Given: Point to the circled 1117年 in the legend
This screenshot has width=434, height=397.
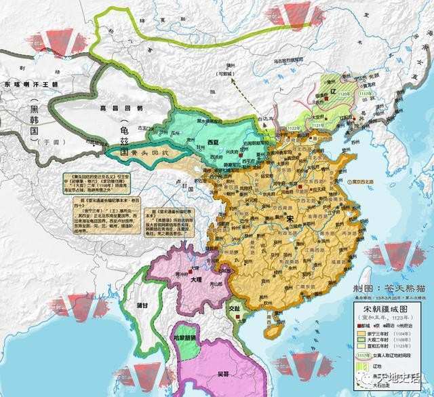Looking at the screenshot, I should (x=364, y=353).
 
